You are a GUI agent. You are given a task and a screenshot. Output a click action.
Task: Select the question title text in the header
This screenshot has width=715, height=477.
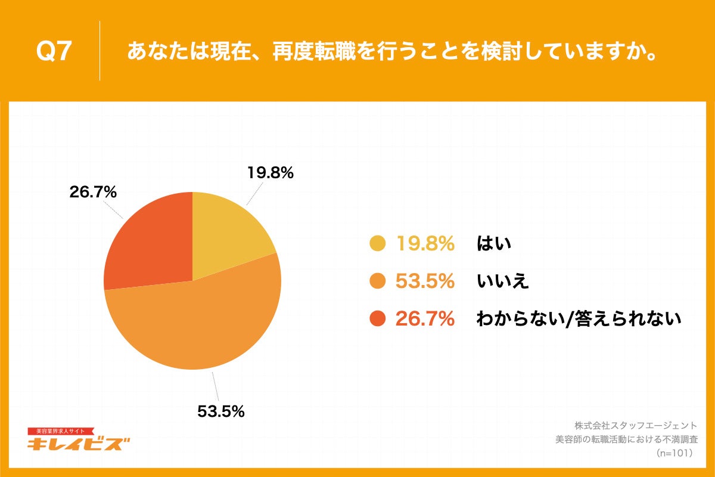pyautogui.click(x=392, y=52)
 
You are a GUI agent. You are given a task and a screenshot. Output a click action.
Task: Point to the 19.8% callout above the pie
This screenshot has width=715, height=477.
pyautogui.click(x=270, y=173)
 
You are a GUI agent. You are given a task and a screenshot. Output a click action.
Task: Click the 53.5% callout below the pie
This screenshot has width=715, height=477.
pyautogui.click(x=220, y=411)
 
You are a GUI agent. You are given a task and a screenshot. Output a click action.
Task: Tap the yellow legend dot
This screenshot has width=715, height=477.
pyautogui.click(x=378, y=243)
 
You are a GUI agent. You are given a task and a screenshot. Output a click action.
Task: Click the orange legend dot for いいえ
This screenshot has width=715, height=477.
pyautogui.click(x=378, y=281)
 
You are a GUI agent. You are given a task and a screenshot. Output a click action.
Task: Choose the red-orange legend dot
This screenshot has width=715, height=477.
pyautogui.click(x=378, y=319)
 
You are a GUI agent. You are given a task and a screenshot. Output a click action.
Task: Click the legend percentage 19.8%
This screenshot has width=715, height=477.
pyautogui.click(x=425, y=243)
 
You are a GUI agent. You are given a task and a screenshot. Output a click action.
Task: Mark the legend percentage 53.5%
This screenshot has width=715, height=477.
pyautogui.click(x=425, y=281)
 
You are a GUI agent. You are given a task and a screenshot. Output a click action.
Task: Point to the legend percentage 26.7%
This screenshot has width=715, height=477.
pyautogui.click(x=425, y=319)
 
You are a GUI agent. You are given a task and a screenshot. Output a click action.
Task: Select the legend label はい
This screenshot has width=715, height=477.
pyautogui.click(x=494, y=243)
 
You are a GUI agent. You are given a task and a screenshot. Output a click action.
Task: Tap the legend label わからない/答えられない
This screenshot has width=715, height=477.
pyautogui.click(x=578, y=319)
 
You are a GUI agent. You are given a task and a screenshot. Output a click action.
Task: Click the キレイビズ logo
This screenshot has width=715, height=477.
pyautogui.click(x=79, y=441)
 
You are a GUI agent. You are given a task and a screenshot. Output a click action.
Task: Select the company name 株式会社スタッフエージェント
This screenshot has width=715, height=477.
pyautogui.click(x=635, y=426)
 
